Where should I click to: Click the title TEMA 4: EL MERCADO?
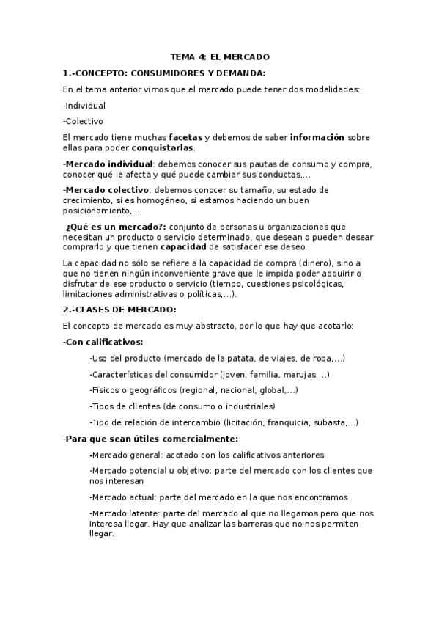click(x=220, y=56)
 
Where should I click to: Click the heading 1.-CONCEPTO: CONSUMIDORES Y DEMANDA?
click(x=164, y=73)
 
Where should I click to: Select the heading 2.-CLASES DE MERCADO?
click(x=119, y=310)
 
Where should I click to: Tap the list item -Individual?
click(x=84, y=105)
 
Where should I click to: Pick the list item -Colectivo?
click(x=83, y=121)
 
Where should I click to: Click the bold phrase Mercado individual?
click(x=109, y=164)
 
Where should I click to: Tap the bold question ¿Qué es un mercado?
click(x=115, y=227)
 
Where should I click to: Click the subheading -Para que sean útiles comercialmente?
click(x=150, y=439)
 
